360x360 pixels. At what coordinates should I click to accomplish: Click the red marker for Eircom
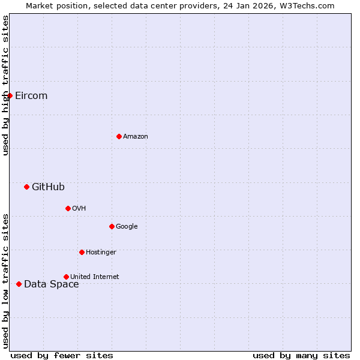pyautogui.click(x=10, y=96)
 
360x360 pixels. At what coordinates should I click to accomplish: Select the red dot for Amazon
pyautogui.click(x=119, y=137)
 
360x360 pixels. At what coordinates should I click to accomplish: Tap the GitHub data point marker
pyautogui.click(x=26, y=187)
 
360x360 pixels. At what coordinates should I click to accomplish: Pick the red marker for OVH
pyautogui.click(x=68, y=209)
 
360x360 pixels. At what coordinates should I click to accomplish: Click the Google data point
pyautogui.click(x=112, y=227)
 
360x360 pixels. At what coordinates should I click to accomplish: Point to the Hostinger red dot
pyautogui.click(x=82, y=253)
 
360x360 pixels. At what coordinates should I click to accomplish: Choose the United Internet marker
pyautogui.click(x=66, y=277)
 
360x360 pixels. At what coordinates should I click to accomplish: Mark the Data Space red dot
pyautogui.click(x=19, y=284)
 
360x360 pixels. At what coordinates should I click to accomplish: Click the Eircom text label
pyautogui.click(x=31, y=96)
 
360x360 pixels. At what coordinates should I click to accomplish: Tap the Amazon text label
pyautogui.click(x=136, y=137)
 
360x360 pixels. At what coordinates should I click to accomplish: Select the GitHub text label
pyautogui.click(x=48, y=187)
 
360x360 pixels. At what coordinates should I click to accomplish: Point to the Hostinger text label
pyautogui.click(x=101, y=253)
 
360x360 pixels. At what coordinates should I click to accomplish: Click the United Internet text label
pyautogui.click(x=95, y=277)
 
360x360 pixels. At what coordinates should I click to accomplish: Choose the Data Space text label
pyautogui.click(x=52, y=284)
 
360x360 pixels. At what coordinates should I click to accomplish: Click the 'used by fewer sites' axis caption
pyautogui.click(x=62, y=356)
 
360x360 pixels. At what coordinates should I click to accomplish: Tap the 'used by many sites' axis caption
pyautogui.click(x=301, y=356)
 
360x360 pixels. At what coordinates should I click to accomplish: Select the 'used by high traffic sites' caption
pyautogui.click(x=5, y=86)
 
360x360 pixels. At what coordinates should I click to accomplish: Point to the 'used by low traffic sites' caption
pyautogui.click(x=5, y=281)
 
